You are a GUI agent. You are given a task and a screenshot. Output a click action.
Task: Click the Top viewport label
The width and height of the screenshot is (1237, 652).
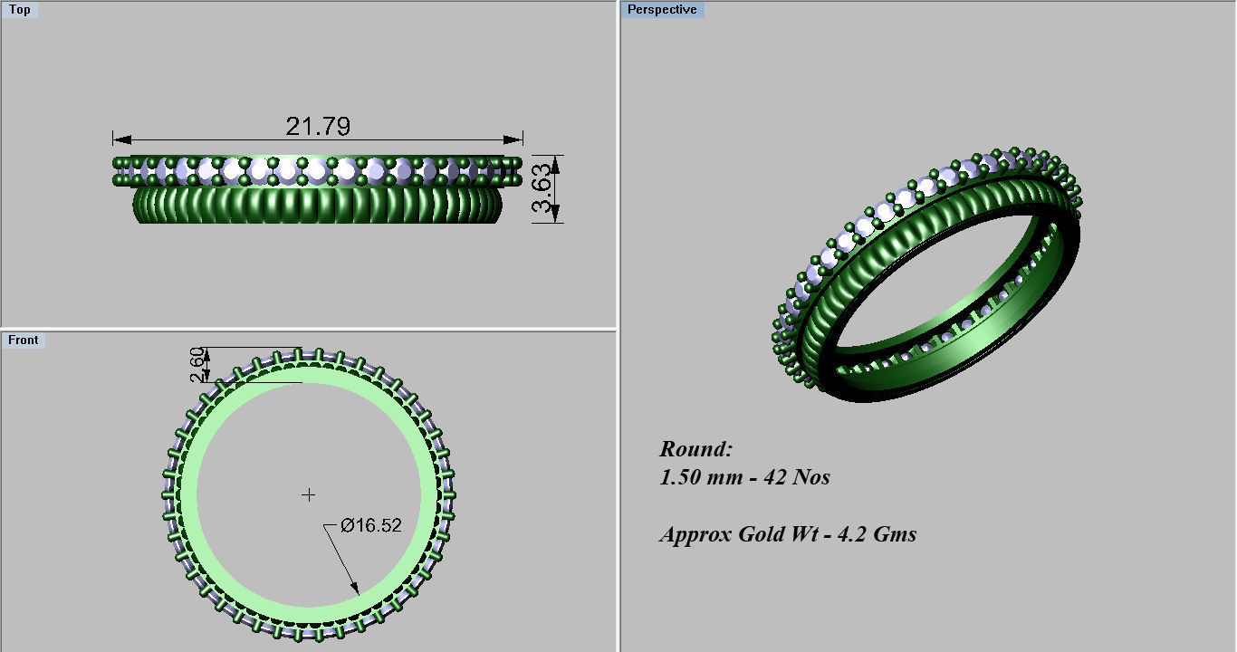pyautogui.click(x=19, y=10)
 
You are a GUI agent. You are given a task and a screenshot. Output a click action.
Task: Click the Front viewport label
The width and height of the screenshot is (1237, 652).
pyautogui.click(x=24, y=340)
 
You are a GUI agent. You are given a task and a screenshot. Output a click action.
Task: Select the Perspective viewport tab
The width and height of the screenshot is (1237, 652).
pyautogui.click(x=662, y=10)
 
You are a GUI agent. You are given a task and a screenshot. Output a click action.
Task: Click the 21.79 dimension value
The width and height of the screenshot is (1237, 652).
pyautogui.click(x=317, y=126)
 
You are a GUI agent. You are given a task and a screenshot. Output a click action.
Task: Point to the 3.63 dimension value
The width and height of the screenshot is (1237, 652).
pyautogui.click(x=542, y=188)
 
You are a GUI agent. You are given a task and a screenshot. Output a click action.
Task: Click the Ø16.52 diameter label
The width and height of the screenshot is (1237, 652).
pyautogui.click(x=370, y=524)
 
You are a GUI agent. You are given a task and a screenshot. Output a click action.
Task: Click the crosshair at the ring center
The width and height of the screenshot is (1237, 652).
pyautogui.click(x=309, y=494)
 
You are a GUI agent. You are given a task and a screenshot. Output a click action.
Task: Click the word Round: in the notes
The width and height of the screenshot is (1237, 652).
pyautogui.click(x=695, y=448)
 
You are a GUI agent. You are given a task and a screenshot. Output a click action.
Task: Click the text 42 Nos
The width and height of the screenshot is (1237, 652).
pyautogui.click(x=797, y=476)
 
